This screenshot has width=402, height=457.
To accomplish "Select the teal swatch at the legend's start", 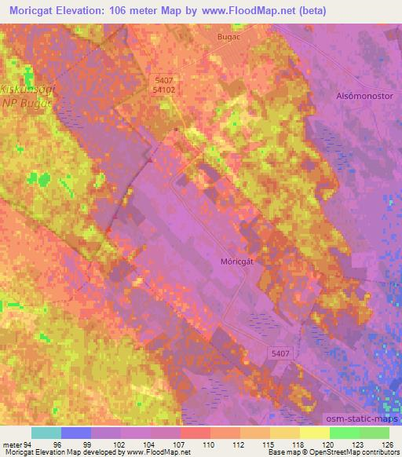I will (46, 433).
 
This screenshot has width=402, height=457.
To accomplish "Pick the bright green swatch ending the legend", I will (375, 433).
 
